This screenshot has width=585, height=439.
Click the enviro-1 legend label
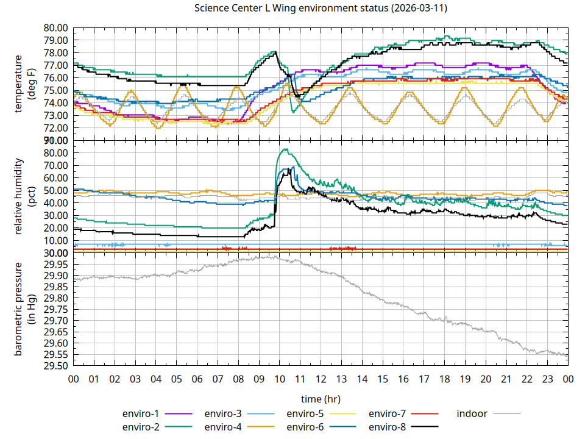click(141, 414)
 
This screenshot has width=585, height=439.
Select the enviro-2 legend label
click(141, 427)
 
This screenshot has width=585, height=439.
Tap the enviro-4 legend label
click(223, 427)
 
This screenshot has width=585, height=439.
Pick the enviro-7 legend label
click(388, 414)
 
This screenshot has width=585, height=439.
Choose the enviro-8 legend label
click(388, 427)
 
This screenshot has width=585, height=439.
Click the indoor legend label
click(472, 414)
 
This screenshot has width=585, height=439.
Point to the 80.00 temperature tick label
click(55, 28)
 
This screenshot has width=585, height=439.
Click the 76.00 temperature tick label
click(55, 78)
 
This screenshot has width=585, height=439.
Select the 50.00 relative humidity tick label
click(55, 190)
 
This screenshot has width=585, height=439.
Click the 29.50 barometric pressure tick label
click(55, 366)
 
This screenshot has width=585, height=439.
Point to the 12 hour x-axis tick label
click(321, 379)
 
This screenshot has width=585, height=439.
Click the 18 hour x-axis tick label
click(444, 379)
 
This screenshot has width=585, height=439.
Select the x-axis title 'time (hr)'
click(321, 399)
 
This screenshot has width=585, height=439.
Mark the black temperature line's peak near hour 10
click(275, 52)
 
